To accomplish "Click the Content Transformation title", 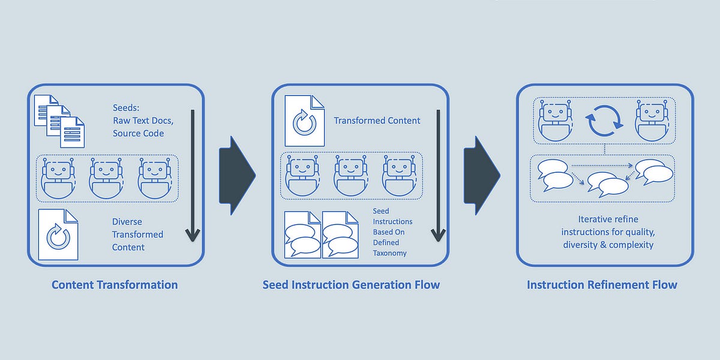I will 115,284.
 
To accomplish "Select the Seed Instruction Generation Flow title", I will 351,284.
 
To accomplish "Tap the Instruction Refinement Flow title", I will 602,284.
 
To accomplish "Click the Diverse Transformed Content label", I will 137,235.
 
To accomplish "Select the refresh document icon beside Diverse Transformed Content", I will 58,235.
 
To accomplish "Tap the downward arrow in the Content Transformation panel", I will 192,175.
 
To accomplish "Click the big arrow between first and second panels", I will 236,175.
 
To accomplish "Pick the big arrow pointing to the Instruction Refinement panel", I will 481,175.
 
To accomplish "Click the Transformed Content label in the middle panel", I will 377,121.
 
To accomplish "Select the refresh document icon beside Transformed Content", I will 303,121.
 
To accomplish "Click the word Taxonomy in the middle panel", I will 389,253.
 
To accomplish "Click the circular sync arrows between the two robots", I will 604,121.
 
